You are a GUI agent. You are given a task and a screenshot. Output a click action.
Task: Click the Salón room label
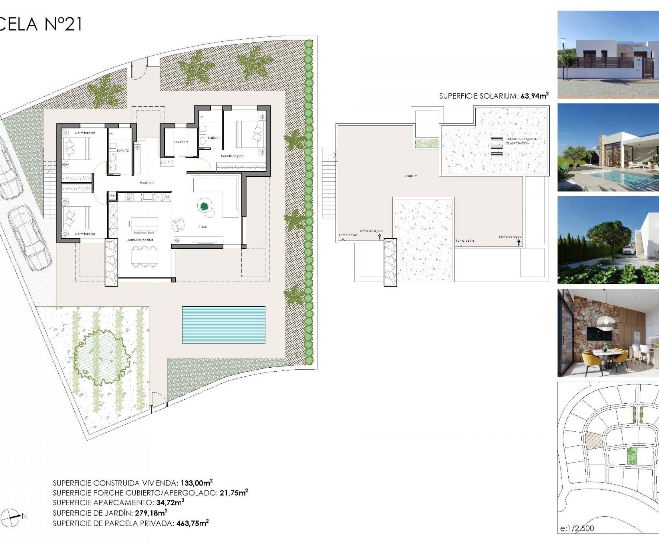pyautogui.click(x=203, y=227)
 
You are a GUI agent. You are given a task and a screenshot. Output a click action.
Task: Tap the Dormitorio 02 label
pyautogui.click(x=85, y=133)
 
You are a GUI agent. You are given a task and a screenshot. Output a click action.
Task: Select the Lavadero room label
pyautogui.click(x=181, y=142)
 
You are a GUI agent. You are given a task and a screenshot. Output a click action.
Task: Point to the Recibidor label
pyautogui.click(x=147, y=182)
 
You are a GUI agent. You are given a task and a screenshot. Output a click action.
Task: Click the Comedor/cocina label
pyautogui.click(x=140, y=240)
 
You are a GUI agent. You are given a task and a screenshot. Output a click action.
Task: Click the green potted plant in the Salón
pyautogui.click(x=204, y=206)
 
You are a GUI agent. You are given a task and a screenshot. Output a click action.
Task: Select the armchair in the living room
pyautogui.click(x=178, y=225)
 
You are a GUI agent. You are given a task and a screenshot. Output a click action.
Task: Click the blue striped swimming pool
pyautogui.click(x=223, y=325)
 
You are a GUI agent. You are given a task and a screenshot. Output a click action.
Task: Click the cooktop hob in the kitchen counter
pyautogui.click(x=129, y=197)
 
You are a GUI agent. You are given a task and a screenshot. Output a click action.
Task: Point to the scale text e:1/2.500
pyautogui.click(x=577, y=529)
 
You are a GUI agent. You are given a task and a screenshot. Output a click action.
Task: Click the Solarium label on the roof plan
pyautogui.click(x=410, y=176)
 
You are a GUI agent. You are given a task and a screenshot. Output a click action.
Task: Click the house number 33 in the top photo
pyautogui.click(x=638, y=60)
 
